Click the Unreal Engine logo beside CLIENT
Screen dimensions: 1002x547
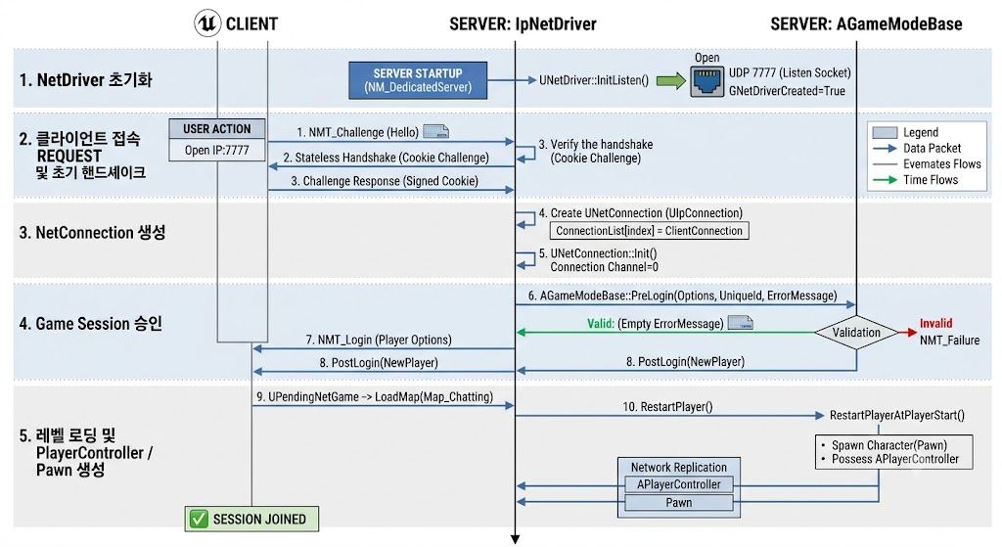click(x=207, y=23)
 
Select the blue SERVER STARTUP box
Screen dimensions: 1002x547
click(x=418, y=80)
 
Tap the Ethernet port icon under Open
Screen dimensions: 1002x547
click(x=706, y=82)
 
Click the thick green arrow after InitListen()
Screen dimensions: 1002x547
click(x=671, y=80)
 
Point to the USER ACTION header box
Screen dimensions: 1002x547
click(x=217, y=128)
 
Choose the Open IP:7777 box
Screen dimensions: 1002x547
click(x=217, y=150)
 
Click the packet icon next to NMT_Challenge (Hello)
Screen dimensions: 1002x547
click(x=435, y=132)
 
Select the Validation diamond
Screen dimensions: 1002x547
click(x=856, y=333)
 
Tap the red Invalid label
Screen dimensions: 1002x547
click(x=935, y=323)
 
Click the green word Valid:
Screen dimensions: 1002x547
click(x=601, y=324)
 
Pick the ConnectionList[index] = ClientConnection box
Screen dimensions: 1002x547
click(x=650, y=231)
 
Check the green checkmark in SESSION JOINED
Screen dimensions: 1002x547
click(x=199, y=519)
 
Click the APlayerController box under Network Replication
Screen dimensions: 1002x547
click(x=679, y=484)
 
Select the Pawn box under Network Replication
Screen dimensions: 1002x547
click(x=679, y=502)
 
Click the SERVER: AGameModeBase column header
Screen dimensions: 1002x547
click(x=866, y=24)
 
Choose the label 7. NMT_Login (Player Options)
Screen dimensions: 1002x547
click(x=379, y=340)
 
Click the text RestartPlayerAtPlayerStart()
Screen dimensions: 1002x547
click(x=897, y=415)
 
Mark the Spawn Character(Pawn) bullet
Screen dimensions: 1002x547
click(x=885, y=445)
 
